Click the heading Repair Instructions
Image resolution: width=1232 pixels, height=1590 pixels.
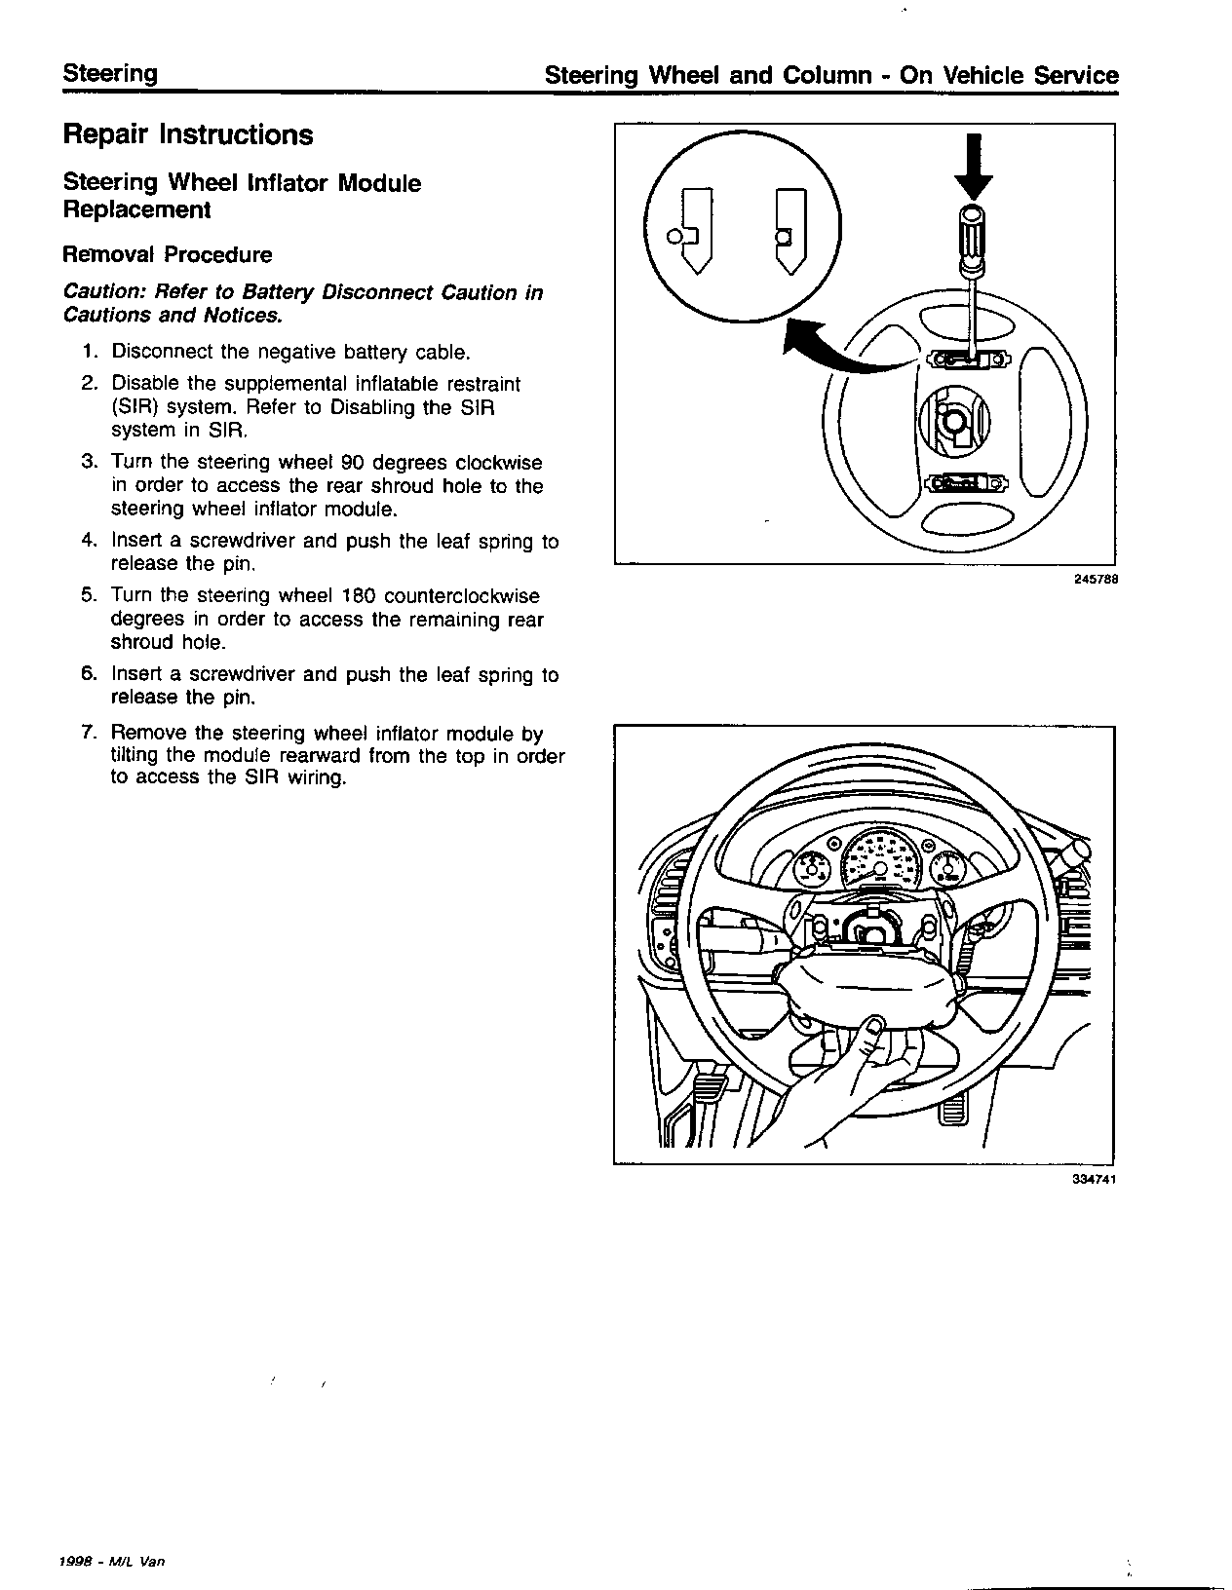[x=187, y=134]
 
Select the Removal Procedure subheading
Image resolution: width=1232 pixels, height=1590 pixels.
[x=167, y=255]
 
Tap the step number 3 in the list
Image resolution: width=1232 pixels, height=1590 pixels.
[x=89, y=463]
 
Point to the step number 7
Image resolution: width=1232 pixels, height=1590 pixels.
[x=89, y=734]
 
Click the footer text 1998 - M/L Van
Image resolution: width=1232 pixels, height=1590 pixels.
[x=111, y=1562]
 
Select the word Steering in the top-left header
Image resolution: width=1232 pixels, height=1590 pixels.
[x=109, y=74]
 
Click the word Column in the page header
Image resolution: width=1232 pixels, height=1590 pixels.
[x=827, y=76]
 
